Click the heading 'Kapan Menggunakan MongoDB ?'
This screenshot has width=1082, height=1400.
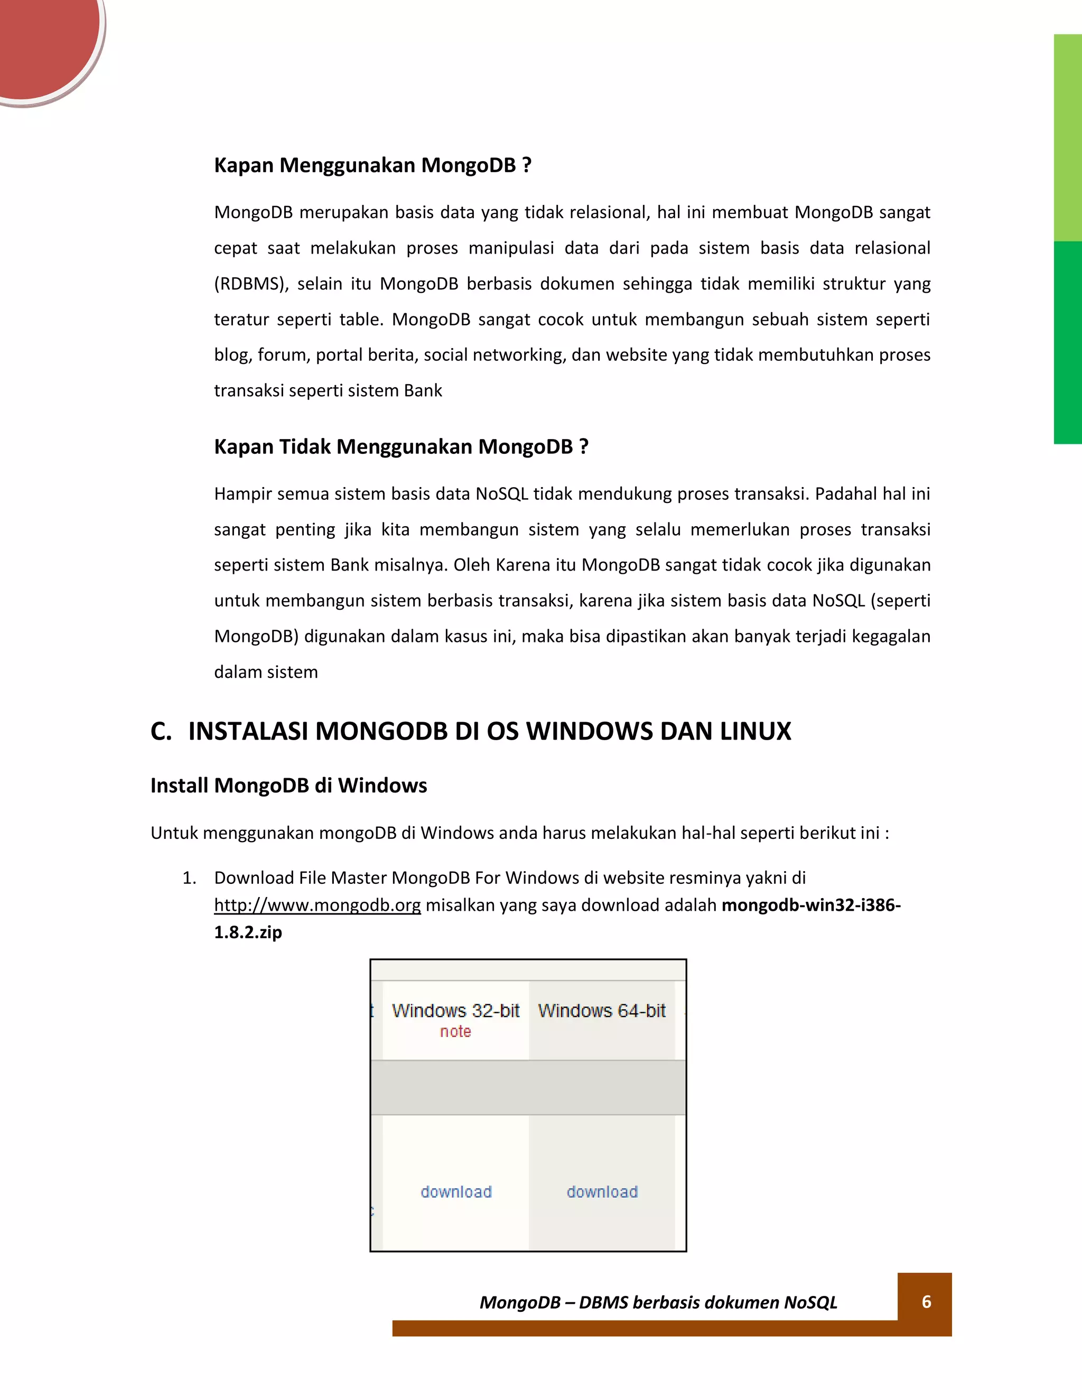(372, 165)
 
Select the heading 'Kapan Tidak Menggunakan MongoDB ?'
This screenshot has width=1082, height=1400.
(400, 447)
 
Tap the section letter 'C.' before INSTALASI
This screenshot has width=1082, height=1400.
(161, 731)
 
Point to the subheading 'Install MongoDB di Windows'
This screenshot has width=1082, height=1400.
(288, 786)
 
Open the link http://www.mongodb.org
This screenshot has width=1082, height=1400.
(318, 905)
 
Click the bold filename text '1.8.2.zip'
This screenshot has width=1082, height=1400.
(248, 932)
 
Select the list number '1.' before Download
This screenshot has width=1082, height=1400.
(189, 878)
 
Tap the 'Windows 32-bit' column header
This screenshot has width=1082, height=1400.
(456, 1011)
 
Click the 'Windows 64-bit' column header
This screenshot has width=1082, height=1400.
(602, 1011)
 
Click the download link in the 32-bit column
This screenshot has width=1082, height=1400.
(456, 1192)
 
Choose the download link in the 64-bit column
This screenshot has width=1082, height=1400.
(602, 1192)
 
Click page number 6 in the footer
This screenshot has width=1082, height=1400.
(926, 1301)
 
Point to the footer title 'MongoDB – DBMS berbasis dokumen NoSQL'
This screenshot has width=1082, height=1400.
(658, 1303)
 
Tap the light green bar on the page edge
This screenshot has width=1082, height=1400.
(1068, 138)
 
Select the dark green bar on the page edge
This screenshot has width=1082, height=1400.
(1068, 342)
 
